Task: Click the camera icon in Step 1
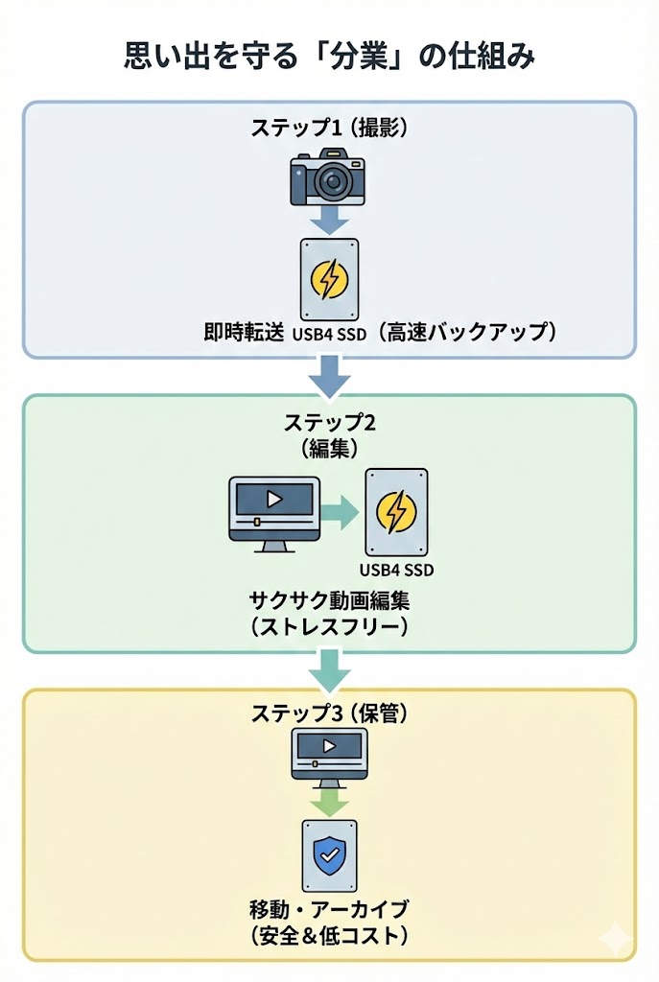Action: [x=329, y=178]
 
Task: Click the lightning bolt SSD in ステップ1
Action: [x=329, y=279]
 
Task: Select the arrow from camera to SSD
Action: [x=329, y=222]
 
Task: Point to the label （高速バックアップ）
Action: [x=465, y=333]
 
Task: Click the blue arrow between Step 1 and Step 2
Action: [x=329, y=376]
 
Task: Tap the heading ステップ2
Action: [x=329, y=423]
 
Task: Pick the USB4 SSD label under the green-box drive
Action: [x=396, y=570]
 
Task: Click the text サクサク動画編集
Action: [x=329, y=600]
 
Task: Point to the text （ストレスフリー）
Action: [x=329, y=628]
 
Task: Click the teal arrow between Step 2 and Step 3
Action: [x=329, y=669]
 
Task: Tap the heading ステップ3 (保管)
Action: [x=329, y=713]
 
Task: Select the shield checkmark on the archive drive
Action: [x=329, y=853]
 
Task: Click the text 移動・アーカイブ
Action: [x=329, y=908]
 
